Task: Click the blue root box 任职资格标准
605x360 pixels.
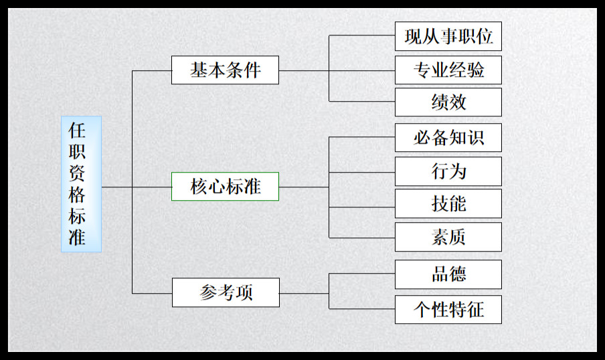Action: (x=81, y=184)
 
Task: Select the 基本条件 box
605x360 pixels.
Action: (x=225, y=70)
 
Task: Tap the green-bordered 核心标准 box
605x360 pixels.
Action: (x=225, y=187)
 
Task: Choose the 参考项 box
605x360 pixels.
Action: (x=226, y=293)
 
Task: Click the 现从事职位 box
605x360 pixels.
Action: (x=448, y=36)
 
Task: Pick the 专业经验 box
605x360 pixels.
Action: (x=448, y=70)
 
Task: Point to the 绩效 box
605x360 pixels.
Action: (x=448, y=102)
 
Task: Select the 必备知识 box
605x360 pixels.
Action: (x=448, y=138)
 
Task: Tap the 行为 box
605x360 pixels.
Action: (x=448, y=171)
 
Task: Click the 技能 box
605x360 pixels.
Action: (x=448, y=203)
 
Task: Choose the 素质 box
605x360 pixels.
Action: (x=448, y=237)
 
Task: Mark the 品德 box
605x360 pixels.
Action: (x=448, y=274)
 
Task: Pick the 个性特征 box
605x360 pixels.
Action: (x=448, y=309)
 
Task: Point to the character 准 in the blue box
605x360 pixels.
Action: (x=77, y=237)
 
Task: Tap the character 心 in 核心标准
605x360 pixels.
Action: (x=216, y=187)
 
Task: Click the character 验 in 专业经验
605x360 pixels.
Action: (x=475, y=70)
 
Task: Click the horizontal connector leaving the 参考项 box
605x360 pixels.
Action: (x=304, y=293)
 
